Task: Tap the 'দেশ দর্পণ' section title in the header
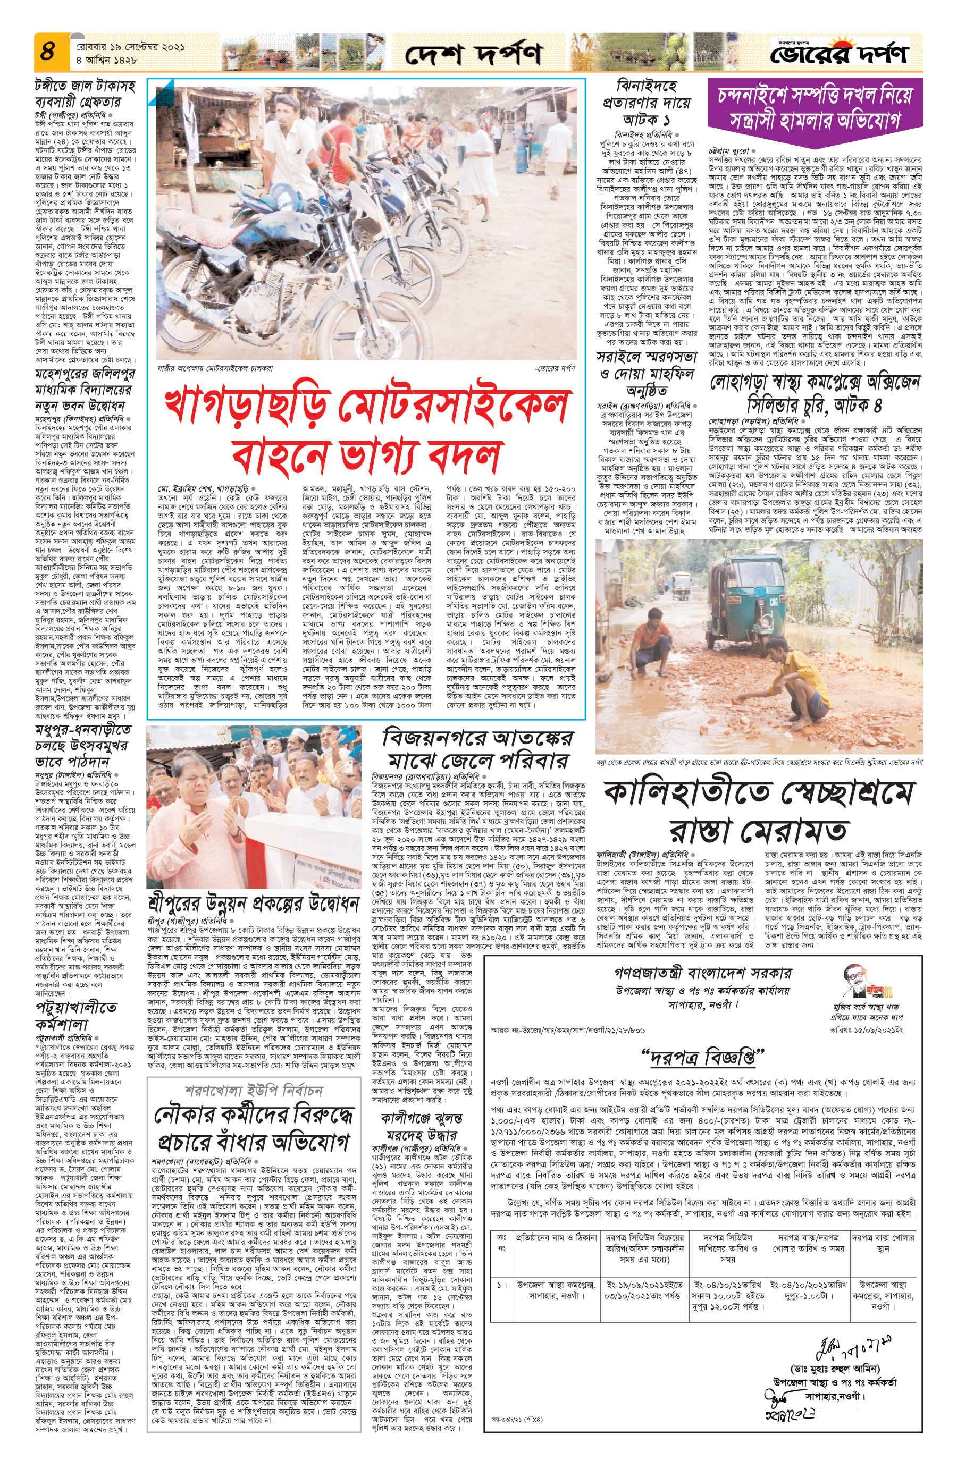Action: pyautogui.click(x=473, y=54)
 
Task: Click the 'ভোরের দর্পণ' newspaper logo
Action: pyautogui.click(x=839, y=54)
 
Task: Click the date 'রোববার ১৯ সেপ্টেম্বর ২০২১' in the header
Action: pyautogui.click(x=130, y=47)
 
